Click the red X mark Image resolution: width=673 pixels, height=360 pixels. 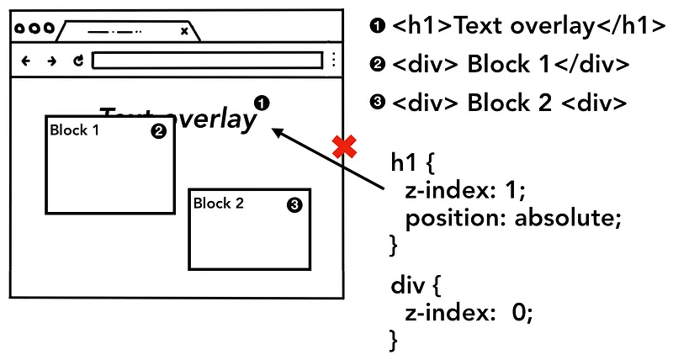tap(345, 146)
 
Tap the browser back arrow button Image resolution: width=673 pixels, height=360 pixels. tap(26, 61)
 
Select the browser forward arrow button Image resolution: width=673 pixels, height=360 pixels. tap(52, 61)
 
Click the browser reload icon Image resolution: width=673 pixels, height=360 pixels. tap(78, 61)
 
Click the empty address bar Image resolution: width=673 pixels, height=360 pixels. tap(207, 61)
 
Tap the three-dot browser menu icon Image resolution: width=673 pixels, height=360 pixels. tap(334, 60)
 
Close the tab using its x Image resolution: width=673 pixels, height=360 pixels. tap(184, 31)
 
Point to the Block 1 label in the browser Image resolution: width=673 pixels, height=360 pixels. tap(74, 130)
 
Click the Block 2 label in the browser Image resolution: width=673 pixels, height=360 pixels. tap(219, 203)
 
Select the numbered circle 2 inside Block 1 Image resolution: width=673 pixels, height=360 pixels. tap(158, 131)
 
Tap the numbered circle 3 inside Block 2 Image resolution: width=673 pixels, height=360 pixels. tap(294, 205)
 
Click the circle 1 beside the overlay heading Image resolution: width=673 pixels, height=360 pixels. tap(262, 103)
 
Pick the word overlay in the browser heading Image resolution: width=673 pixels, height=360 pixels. tap(210, 119)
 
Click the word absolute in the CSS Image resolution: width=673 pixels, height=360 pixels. tap(568, 218)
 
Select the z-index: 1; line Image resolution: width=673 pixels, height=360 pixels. tap(465, 189)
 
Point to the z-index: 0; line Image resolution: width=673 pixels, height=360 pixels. tap(469, 312)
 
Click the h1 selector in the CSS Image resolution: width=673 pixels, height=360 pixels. tap(404, 162)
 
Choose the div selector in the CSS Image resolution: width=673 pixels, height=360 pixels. tap(408, 285)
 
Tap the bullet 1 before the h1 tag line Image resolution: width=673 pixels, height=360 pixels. tap(377, 26)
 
